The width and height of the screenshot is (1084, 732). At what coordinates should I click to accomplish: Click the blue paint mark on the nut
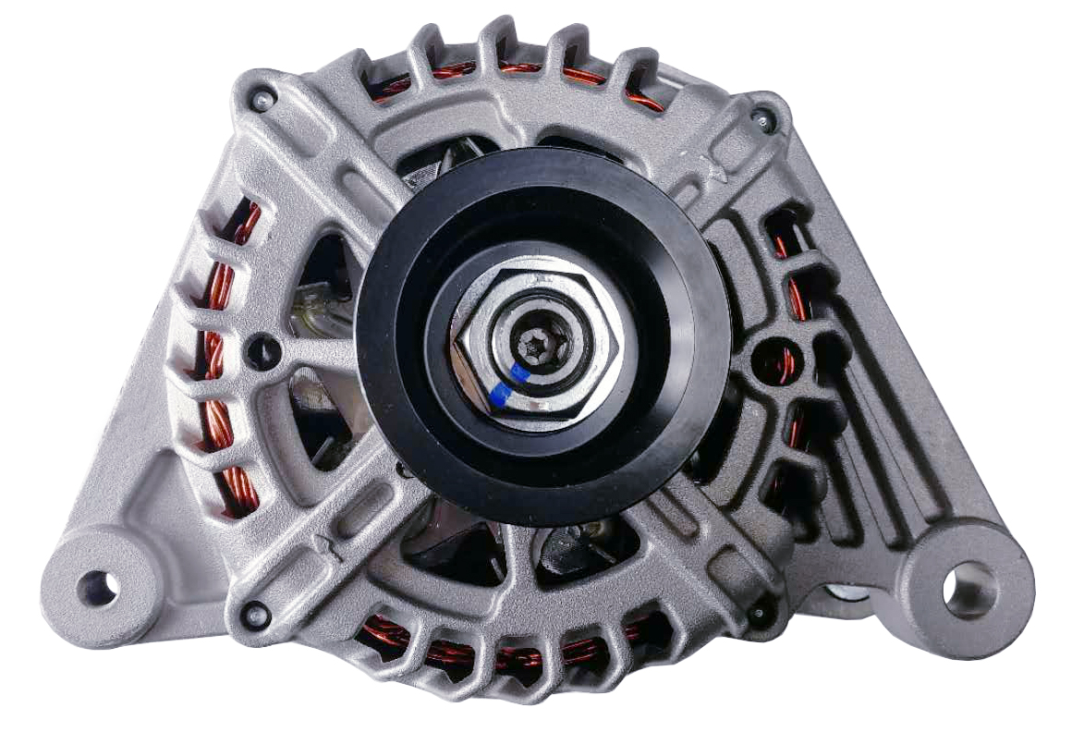507,387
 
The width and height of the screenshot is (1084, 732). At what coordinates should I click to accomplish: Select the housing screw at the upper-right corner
761,116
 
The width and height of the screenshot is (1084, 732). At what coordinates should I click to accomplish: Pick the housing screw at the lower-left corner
258,612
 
